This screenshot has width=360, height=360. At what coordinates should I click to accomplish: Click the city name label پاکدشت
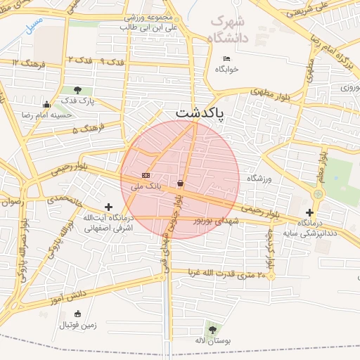(x=200, y=112)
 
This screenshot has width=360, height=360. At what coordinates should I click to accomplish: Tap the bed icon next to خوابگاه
(x=226, y=58)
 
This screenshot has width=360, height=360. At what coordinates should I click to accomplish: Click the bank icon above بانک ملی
(x=146, y=175)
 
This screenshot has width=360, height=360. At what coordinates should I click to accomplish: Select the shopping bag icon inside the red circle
(x=181, y=183)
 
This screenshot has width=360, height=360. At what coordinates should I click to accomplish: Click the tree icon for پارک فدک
(x=77, y=90)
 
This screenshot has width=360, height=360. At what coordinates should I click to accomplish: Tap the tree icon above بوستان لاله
(x=212, y=328)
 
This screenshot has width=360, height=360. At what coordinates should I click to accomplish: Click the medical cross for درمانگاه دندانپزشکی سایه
(x=309, y=212)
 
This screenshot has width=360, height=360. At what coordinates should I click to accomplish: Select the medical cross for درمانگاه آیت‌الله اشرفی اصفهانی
(x=108, y=207)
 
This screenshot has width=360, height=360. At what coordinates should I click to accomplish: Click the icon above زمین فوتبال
(x=77, y=314)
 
